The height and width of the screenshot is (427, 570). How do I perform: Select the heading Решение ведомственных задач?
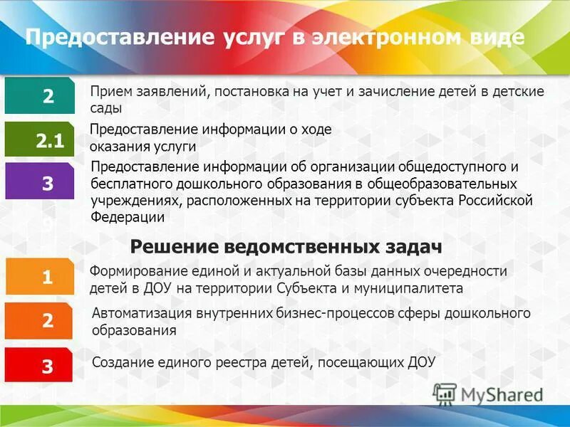(286, 246)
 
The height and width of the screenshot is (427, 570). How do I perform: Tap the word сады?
(105, 108)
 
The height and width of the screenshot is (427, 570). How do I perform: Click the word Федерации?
(128, 217)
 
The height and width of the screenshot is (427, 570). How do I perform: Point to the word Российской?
(496, 200)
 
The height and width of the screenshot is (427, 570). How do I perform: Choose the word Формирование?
(133, 271)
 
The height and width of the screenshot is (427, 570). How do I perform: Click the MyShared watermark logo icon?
(445, 394)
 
